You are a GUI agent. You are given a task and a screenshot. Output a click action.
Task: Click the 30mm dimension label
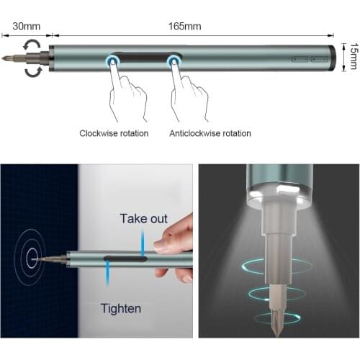click(x=27, y=26)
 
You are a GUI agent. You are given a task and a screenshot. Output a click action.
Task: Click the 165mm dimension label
click(x=184, y=26)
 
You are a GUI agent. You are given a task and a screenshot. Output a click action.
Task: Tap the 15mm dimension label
click(x=354, y=56)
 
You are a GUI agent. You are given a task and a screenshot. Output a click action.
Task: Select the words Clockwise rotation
click(x=114, y=133)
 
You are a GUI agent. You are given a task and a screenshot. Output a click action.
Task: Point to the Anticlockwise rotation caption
click(x=210, y=133)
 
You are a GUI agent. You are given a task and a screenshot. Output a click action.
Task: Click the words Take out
click(x=144, y=219)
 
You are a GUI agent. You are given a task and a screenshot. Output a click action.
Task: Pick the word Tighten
click(x=121, y=309)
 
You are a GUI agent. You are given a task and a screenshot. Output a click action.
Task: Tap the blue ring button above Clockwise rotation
click(x=112, y=61)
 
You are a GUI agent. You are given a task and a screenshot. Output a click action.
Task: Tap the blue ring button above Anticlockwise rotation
click(x=174, y=61)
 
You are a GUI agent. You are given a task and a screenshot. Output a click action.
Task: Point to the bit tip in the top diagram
click(x=2, y=58)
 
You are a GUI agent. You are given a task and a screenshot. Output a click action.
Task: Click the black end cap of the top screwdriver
click(x=332, y=58)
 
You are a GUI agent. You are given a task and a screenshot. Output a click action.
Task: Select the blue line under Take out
click(x=143, y=243)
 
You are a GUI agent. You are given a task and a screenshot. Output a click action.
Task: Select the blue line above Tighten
click(x=108, y=273)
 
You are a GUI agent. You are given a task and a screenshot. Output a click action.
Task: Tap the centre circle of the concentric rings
click(x=32, y=258)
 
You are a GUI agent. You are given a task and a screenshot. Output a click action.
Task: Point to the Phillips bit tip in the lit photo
click(x=277, y=334)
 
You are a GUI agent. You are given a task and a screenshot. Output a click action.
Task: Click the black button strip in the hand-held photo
click(x=125, y=258)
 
